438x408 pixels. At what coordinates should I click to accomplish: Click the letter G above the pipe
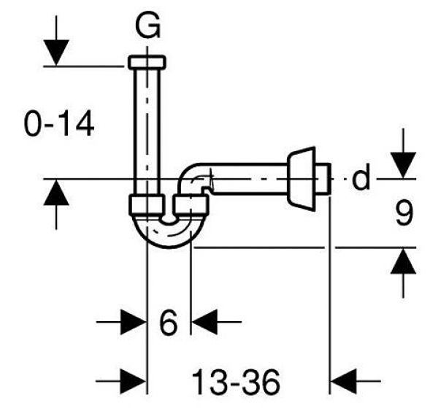point(147,26)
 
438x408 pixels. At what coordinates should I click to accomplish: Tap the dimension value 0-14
point(59,123)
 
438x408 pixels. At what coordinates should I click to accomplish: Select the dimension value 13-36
point(236,381)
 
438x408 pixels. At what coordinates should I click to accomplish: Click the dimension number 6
point(168,322)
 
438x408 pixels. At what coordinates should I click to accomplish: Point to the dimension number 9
point(404,212)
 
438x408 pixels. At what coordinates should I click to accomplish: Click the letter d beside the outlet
point(361,177)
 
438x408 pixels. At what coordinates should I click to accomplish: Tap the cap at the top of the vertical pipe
point(147,62)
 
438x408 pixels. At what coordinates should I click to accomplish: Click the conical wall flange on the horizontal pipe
point(301,179)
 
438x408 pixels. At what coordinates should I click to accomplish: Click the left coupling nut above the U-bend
point(146,205)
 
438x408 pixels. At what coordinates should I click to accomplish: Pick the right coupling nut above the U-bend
point(191,205)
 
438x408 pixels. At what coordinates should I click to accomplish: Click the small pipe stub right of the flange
point(323,179)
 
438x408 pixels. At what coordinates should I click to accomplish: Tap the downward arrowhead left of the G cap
point(56,53)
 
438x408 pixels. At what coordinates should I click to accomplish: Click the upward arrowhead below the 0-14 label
point(56,193)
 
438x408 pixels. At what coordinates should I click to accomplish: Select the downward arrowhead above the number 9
point(403,165)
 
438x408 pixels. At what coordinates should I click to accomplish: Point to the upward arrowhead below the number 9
point(403,261)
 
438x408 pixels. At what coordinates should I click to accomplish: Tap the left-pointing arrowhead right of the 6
point(204,322)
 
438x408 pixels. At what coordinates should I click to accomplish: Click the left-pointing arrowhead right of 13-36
point(344,381)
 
